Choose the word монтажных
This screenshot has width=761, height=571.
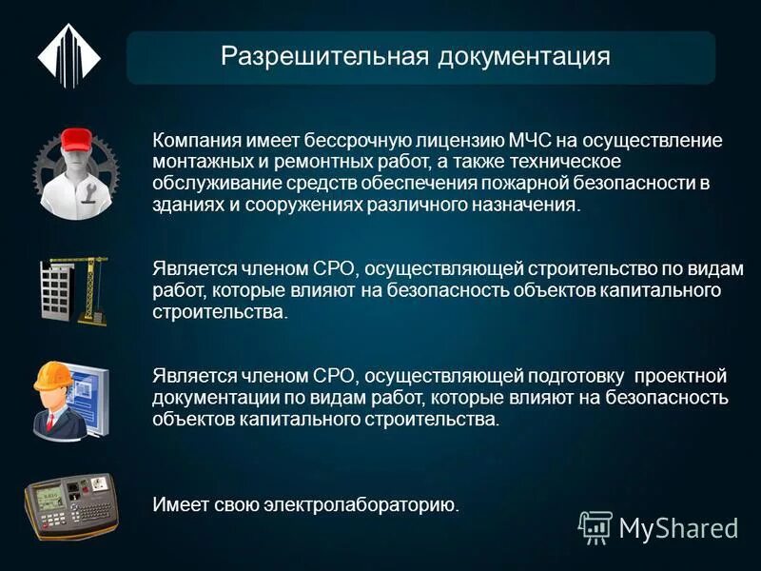[195, 162]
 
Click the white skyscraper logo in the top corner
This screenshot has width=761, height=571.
[68, 57]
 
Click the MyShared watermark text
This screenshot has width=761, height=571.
[677, 526]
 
